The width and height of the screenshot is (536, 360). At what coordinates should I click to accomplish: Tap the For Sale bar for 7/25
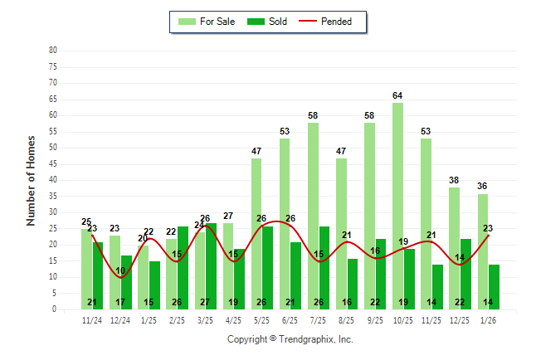coord(313,216)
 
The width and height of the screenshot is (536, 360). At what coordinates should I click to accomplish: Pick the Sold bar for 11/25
coord(437,286)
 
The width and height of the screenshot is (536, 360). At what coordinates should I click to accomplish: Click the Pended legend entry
coord(332,22)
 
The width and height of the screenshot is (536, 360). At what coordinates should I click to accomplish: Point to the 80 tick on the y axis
coord(53,50)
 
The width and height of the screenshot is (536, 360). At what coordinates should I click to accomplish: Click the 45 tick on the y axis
coord(53,163)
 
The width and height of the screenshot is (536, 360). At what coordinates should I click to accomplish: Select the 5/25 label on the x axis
coord(262,319)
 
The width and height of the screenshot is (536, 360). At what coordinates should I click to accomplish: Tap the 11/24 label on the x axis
coord(92,319)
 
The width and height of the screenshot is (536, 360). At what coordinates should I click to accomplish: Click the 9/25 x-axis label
coord(375,319)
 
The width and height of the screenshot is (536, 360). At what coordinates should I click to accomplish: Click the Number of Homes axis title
coord(32,180)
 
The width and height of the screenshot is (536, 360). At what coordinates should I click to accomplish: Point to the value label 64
coord(398,95)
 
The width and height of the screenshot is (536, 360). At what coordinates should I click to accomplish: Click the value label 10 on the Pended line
coord(120,271)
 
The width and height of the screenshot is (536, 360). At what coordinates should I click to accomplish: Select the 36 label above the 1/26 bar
coord(483,187)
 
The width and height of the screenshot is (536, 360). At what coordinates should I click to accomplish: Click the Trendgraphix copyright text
coord(290,339)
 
